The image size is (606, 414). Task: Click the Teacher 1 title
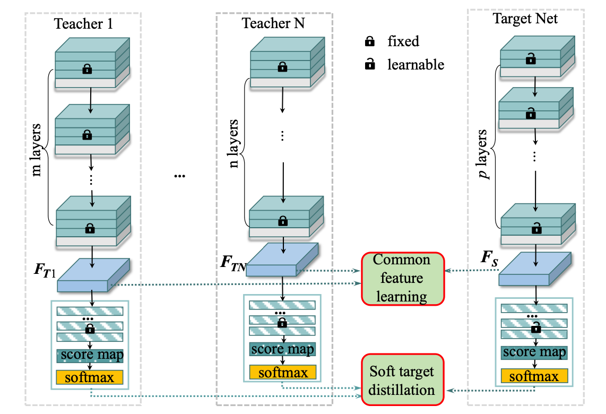83,24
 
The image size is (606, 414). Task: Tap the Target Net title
524,19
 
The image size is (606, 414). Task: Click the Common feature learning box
402,279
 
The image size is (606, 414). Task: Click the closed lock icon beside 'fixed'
370,41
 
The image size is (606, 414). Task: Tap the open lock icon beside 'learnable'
370,65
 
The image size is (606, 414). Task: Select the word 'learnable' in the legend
415,65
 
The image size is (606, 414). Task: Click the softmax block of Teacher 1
89,377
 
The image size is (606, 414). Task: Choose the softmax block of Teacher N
283,372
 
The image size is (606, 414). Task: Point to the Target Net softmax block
534,376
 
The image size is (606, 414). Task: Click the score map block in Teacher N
283,349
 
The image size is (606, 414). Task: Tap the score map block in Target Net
534,352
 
